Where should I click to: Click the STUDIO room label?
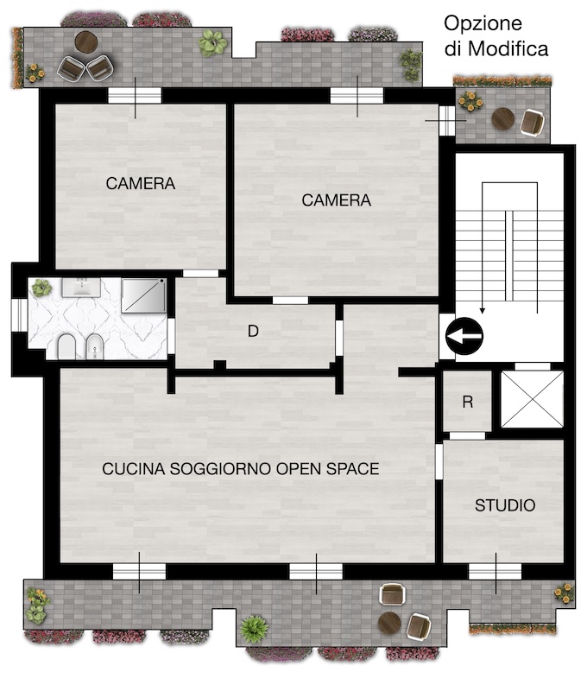pos(505,505)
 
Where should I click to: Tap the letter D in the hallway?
pos(253,331)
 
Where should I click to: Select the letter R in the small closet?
pos(468,402)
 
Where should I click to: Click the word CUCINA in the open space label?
pos(134,468)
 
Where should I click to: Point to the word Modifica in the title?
pos(508,48)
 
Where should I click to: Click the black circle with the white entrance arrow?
pos(464,336)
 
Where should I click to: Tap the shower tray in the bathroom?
pos(143,295)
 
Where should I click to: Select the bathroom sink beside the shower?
pos(81,287)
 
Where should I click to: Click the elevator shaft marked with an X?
pos(532,399)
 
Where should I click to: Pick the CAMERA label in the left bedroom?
pos(141,183)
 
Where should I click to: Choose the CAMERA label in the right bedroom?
pos(336,200)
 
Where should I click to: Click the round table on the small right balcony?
pos(503,118)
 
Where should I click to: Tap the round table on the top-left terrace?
pos(86,41)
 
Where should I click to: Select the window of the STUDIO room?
pos(495,572)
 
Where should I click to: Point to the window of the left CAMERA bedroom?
pos(135,96)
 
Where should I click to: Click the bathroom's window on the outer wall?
pos(19,314)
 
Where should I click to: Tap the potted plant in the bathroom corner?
pos(41,288)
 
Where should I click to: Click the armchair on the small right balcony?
pos(532,122)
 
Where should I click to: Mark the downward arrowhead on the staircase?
pos(483,311)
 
